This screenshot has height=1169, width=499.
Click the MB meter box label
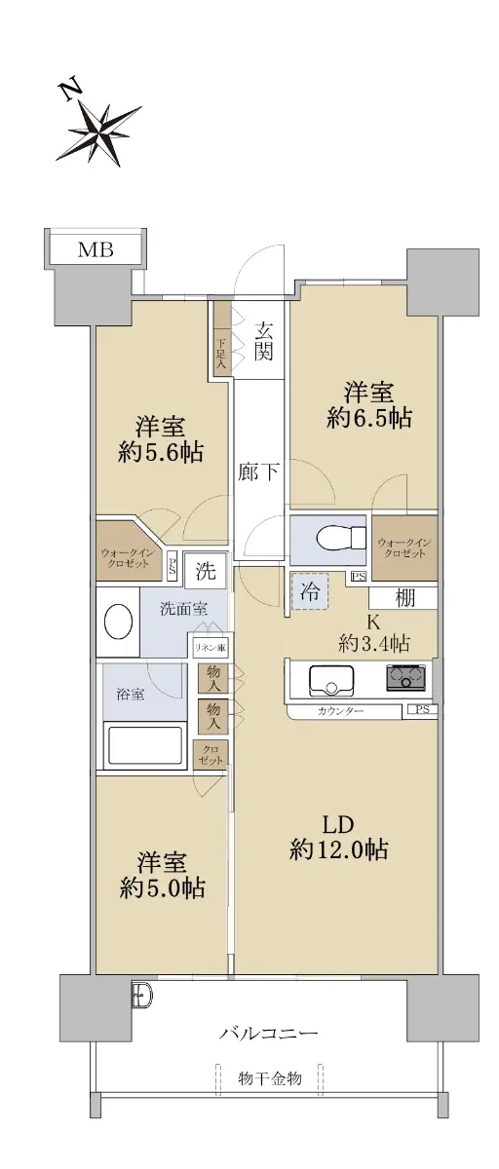point(96,250)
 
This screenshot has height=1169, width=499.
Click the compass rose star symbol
point(99,132)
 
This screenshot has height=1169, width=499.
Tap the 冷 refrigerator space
point(310,590)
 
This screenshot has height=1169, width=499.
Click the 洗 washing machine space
point(206,571)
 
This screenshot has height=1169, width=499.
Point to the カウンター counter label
point(340,711)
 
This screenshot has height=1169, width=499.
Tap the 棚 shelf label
point(405,598)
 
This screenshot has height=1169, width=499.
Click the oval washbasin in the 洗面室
point(119,622)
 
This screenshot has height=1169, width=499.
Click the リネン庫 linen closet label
point(211,648)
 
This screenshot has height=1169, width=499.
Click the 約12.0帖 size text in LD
point(338,850)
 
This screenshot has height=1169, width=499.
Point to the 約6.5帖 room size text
point(368,418)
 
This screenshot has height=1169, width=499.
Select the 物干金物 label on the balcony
point(270,1078)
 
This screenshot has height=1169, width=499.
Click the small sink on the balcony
point(142,997)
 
